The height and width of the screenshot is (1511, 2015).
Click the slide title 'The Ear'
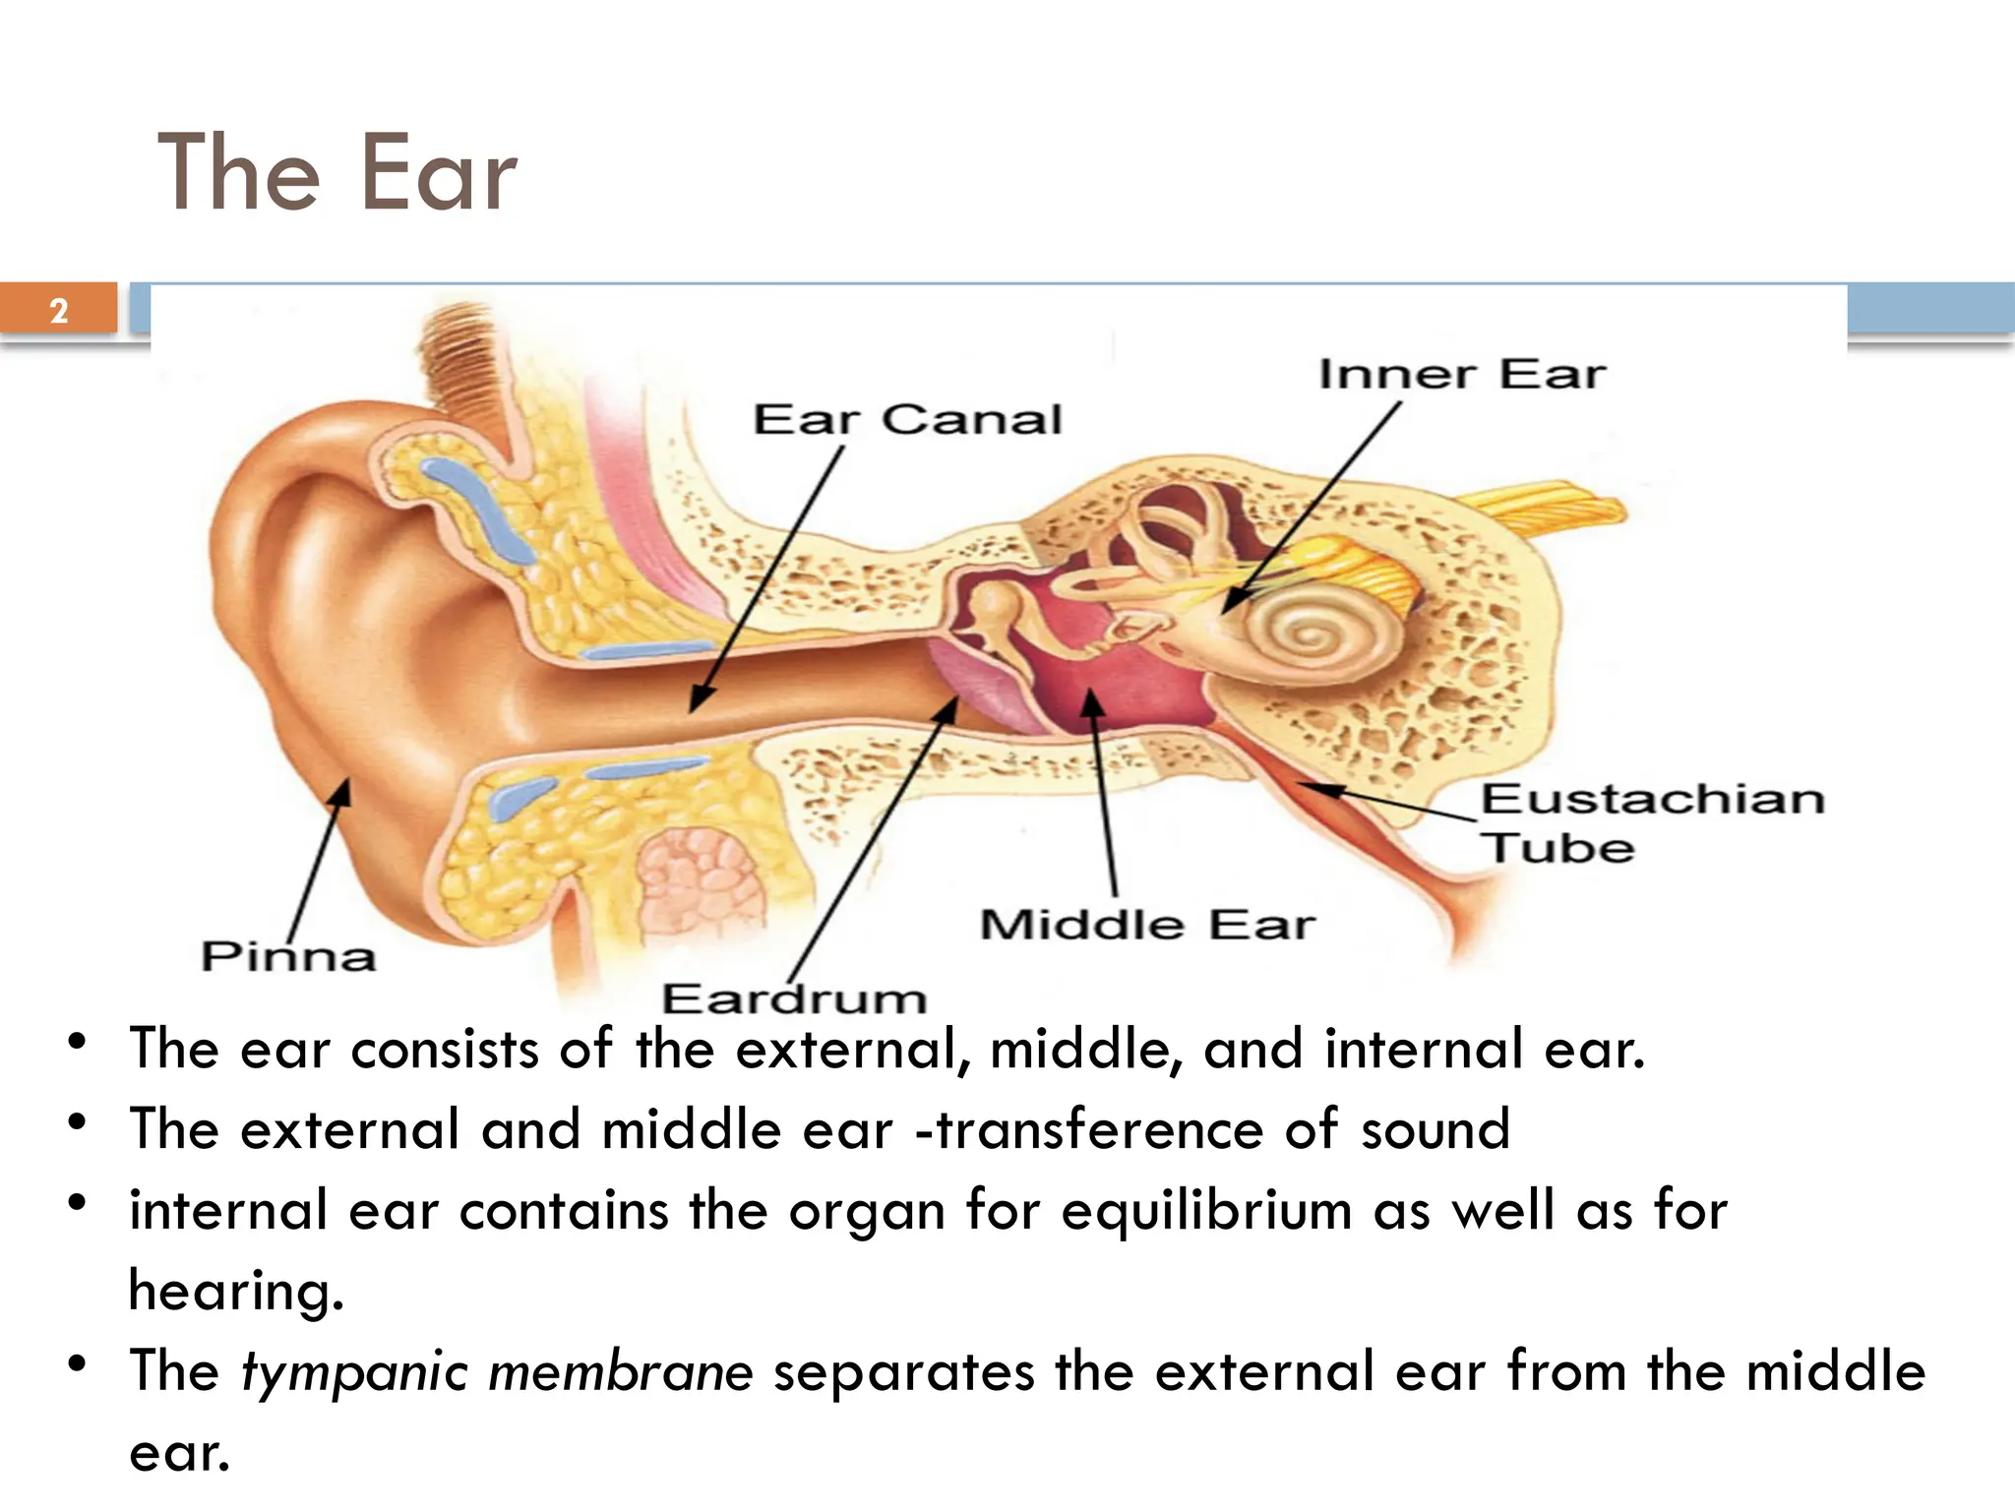[x=336, y=173]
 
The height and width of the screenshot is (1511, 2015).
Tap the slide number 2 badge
[x=59, y=310]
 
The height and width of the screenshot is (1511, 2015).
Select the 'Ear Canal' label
[x=907, y=420]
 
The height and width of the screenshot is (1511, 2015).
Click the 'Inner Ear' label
[x=1461, y=375]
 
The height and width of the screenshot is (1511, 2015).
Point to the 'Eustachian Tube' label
[x=1653, y=822]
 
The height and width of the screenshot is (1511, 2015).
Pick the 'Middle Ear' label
[x=1147, y=925]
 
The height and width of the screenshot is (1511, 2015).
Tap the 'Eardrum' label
[x=794, y=998]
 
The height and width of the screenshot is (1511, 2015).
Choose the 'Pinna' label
[x=288, y=956]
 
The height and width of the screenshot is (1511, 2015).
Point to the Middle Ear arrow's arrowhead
[x=1091, y=700]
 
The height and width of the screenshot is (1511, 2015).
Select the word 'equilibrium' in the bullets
[x=1206, y=1210]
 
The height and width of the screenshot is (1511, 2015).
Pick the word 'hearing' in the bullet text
[x=235, y=1291]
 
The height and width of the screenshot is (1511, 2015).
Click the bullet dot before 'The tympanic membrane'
[x=78, y=1364]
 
